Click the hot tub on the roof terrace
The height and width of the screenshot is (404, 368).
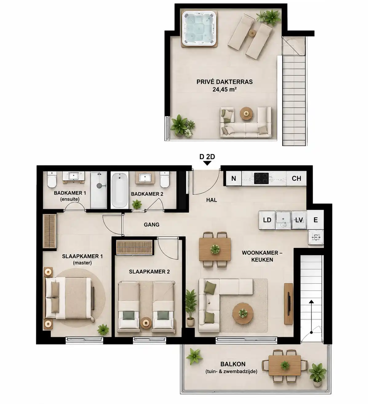(199, 29)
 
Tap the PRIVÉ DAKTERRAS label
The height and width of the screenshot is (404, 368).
(224, 82)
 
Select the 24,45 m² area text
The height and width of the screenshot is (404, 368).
(224, 89)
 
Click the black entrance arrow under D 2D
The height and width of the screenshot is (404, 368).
(207, 163)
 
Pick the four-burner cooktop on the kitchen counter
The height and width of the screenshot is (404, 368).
(261, 178)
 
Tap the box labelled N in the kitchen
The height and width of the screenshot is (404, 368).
(233, 178)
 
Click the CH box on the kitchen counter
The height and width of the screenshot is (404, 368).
(296, 178)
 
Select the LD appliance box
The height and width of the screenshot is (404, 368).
(267, 220)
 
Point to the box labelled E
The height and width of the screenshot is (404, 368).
(315, 220)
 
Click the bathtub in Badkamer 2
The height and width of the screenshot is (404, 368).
(120, 190)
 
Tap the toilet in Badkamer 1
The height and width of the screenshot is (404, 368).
(52, 179)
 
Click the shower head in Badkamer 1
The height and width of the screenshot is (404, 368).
(99, 186)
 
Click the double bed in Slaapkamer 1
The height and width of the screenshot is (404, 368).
(69, 298)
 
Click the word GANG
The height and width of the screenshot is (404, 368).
(152, 225)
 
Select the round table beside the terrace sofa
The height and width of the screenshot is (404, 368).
(246, 114)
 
